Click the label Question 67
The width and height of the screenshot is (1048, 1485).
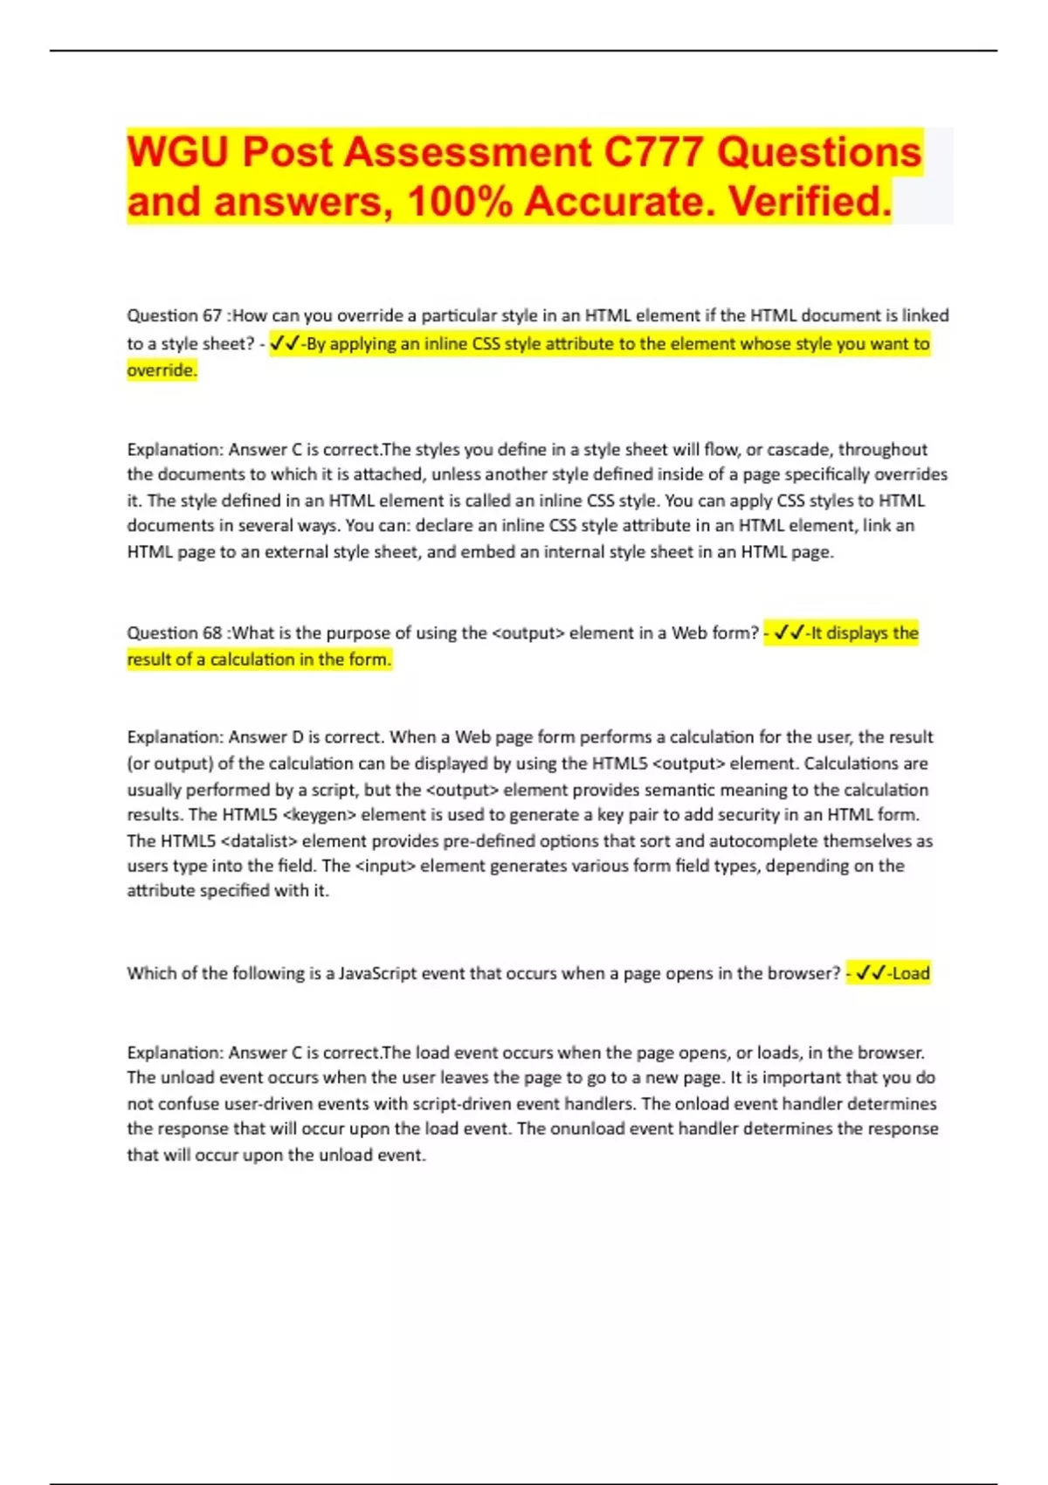click(174, 315)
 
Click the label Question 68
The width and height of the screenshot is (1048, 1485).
click(174, 632)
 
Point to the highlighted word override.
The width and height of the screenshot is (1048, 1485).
click(162, 370)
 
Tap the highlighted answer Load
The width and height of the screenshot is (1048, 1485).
click(911, 973)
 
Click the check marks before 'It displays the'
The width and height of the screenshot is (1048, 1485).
click(789, 632)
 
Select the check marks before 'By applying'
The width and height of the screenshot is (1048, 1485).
click(285, 343)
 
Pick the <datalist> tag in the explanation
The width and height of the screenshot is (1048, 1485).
click(259, 841)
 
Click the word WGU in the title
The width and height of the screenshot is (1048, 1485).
click(178, 152)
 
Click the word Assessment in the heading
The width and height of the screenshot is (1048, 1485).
click(468, 152)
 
